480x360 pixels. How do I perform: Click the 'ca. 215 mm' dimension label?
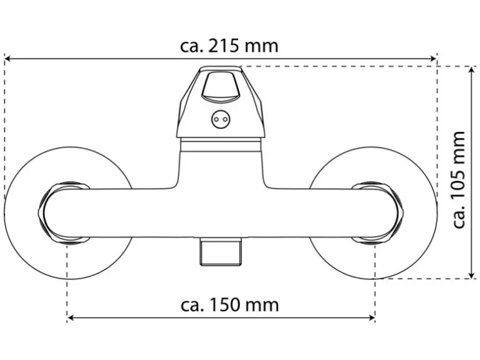[229, 47]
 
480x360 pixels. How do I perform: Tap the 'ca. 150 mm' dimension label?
[230, 305]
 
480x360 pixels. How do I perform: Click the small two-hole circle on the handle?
[220, 119]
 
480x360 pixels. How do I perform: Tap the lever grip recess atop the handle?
[220, 87]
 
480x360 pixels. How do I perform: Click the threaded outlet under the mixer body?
[220, 252]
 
